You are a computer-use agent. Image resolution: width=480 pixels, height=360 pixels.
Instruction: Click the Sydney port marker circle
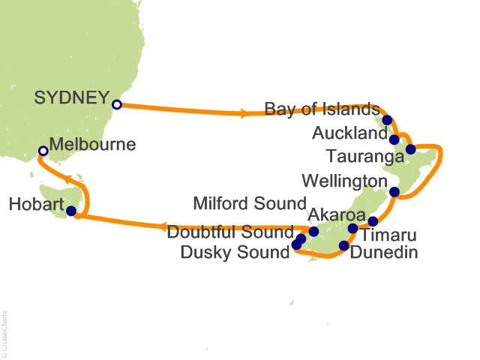tap(116, 105)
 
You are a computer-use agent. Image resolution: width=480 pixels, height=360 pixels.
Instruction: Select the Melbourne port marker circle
tap(43, 151)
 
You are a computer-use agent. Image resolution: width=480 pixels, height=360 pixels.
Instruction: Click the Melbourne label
tap(92, 145)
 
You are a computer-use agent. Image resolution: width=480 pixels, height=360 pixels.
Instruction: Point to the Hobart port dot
tap(71, 211)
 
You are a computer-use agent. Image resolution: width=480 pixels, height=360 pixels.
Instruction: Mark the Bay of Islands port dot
tap(387, 120)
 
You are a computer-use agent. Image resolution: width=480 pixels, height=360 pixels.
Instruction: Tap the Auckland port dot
tap(394, 139)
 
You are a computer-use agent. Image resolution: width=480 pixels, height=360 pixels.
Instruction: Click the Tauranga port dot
tap(410, 148)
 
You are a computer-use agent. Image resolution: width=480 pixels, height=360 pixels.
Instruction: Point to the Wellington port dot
tap(394, 193)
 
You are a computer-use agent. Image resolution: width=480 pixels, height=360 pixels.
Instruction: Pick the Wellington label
tap(343, 182)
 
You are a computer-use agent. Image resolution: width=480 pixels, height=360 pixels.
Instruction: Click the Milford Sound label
tap(250, 204)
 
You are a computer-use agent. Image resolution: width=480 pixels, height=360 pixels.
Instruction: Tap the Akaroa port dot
tap(353, 228)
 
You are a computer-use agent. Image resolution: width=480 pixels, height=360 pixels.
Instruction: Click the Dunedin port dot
tap(344, 245)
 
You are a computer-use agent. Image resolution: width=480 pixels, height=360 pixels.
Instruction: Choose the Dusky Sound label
tap(235, 253)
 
